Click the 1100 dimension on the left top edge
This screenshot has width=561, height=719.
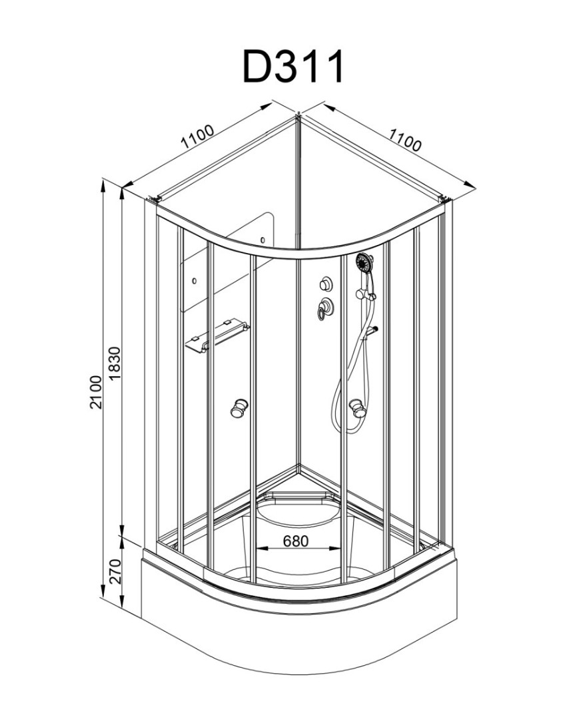point(197,139)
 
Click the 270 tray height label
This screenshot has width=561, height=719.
point(114,572)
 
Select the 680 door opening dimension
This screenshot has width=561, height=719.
point(295,541)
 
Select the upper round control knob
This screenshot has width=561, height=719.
point(326,284)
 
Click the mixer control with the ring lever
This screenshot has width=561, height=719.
point(325,308)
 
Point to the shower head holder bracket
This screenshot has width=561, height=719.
point(364,292)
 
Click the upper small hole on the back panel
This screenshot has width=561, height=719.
point(263,240)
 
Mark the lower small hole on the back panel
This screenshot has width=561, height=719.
point(193,280)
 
